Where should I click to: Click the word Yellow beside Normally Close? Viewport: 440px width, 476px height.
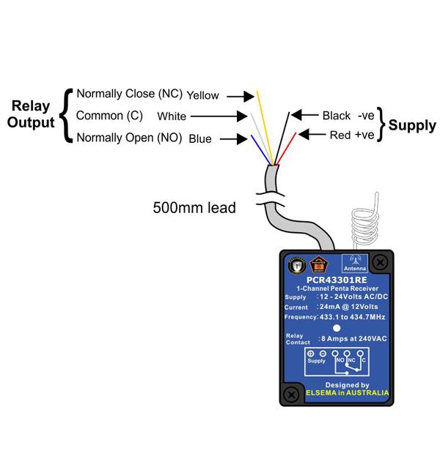(203, 95)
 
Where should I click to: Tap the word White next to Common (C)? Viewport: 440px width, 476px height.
(172, 116)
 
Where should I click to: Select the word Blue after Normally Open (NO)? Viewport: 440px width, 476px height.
(200, 138)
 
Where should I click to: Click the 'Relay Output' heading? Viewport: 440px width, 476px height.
(31, 116)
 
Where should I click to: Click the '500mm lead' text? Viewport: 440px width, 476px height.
(194, 208)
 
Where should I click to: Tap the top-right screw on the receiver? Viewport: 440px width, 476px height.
(381, 261)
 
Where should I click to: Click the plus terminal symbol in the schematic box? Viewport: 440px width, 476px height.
(310, 353)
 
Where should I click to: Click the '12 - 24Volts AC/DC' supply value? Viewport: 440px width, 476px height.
(351, 297)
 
